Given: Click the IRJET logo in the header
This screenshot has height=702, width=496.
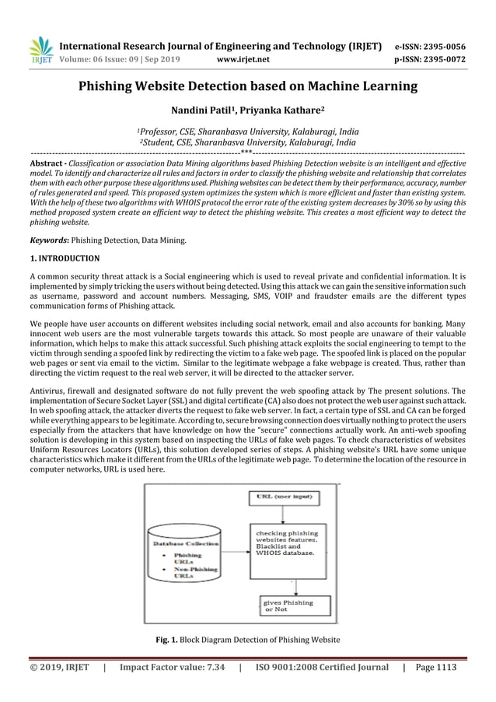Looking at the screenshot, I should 40,49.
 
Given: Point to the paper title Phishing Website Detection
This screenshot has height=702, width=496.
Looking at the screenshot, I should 248,86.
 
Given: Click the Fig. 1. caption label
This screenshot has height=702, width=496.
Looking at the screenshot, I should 167,640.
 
